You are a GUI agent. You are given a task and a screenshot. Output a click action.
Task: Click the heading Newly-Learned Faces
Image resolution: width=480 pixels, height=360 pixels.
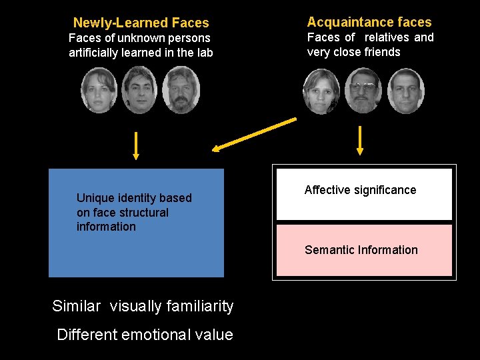(141, 23)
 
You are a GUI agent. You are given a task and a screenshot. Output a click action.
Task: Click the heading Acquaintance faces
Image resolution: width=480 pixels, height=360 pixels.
(369, 22)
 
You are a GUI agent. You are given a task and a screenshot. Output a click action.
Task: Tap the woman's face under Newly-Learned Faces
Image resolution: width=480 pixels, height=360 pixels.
(99, 90)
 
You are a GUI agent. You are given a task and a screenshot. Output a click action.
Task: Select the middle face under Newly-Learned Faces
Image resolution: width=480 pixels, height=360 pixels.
(140, 91)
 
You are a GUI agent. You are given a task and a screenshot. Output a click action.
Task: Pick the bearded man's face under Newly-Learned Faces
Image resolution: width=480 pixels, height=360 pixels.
(180, 91)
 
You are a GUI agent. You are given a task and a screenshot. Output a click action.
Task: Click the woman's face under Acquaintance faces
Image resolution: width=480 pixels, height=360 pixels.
(321, 91)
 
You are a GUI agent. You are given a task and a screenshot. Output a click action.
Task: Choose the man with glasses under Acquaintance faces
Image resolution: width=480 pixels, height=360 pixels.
(363, 91)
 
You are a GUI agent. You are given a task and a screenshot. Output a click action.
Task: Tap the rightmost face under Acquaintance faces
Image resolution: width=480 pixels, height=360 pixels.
(405, 91)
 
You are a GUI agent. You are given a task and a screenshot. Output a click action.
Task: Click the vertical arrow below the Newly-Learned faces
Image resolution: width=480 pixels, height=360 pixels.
(136, 145)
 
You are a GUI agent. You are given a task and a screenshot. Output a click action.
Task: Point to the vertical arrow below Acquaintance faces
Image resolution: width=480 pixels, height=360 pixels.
(360, 141)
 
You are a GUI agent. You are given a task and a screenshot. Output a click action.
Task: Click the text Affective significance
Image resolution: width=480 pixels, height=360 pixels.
(360, 190)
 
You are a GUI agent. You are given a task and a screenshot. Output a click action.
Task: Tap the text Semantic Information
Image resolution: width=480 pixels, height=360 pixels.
(361, 250)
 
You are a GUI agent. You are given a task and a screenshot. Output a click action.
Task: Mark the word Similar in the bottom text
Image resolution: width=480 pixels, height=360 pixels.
(77, 307)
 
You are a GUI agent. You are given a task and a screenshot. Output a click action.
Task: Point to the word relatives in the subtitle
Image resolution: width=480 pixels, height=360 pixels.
(386, 37)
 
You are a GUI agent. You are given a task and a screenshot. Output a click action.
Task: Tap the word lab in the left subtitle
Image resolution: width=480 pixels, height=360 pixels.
(203, 53)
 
